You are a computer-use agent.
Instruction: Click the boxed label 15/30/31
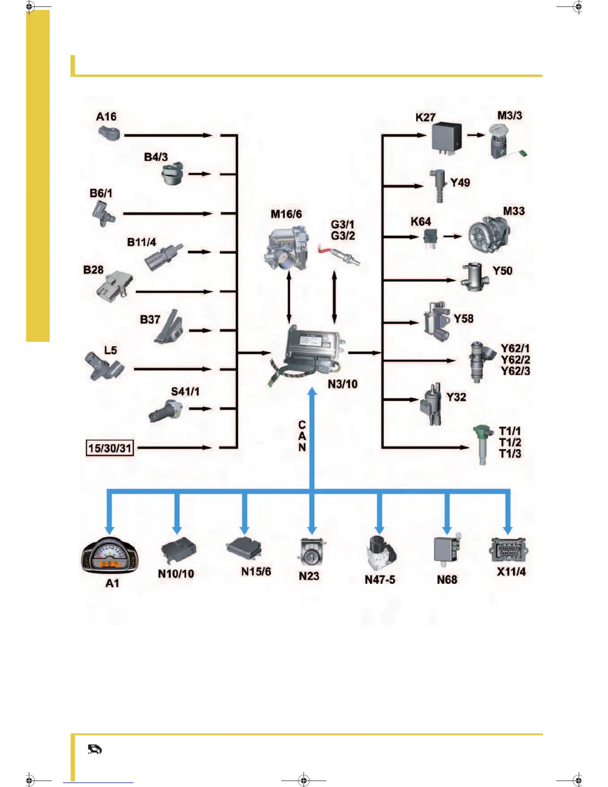tap(110, 448)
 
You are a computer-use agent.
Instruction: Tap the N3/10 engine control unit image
tap(310, 354)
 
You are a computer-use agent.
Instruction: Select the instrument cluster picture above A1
tap(109, 556)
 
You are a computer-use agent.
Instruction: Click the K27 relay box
tap(446, 137)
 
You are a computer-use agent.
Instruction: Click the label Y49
tap(460, 182)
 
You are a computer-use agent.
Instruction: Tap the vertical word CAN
tap(302, 436)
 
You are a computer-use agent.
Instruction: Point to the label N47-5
tap(380, 579)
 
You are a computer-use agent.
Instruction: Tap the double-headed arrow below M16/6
tap(289, 297)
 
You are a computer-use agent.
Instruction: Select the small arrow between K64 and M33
tap(453, 236)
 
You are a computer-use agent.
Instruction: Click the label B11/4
tap(142, 242)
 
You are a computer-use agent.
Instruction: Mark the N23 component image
tap(312, 552)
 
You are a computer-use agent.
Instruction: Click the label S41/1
tap(185, 392)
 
